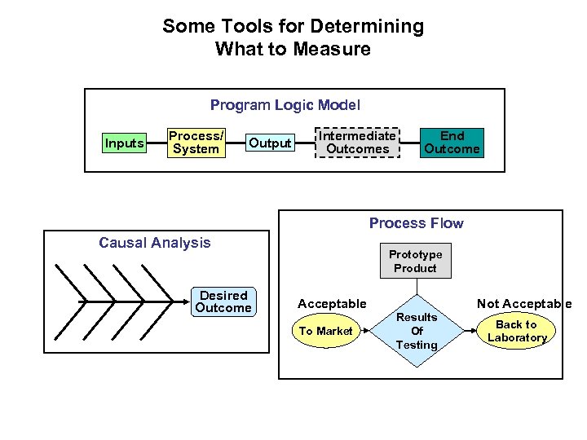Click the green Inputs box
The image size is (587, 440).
(125, 143)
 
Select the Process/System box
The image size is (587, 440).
(196, 143)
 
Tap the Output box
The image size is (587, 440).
(270, 143)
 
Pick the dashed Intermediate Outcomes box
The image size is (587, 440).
(358, 143)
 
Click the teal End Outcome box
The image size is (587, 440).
(452, 143)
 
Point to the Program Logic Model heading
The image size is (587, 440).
(285, 105)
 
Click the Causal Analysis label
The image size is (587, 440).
(154, 242)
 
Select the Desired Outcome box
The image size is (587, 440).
(223, 301)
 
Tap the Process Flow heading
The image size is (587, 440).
(416, 223)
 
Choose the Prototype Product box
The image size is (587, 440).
(415, 262)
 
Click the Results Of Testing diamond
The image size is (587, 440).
(416, 331)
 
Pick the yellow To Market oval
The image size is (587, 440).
(325, 331)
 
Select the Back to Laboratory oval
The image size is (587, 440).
(517, 331)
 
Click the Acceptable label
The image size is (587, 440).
(332, 304)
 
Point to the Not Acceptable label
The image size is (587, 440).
(523, 304)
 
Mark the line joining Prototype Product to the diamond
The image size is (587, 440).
(415, 287)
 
